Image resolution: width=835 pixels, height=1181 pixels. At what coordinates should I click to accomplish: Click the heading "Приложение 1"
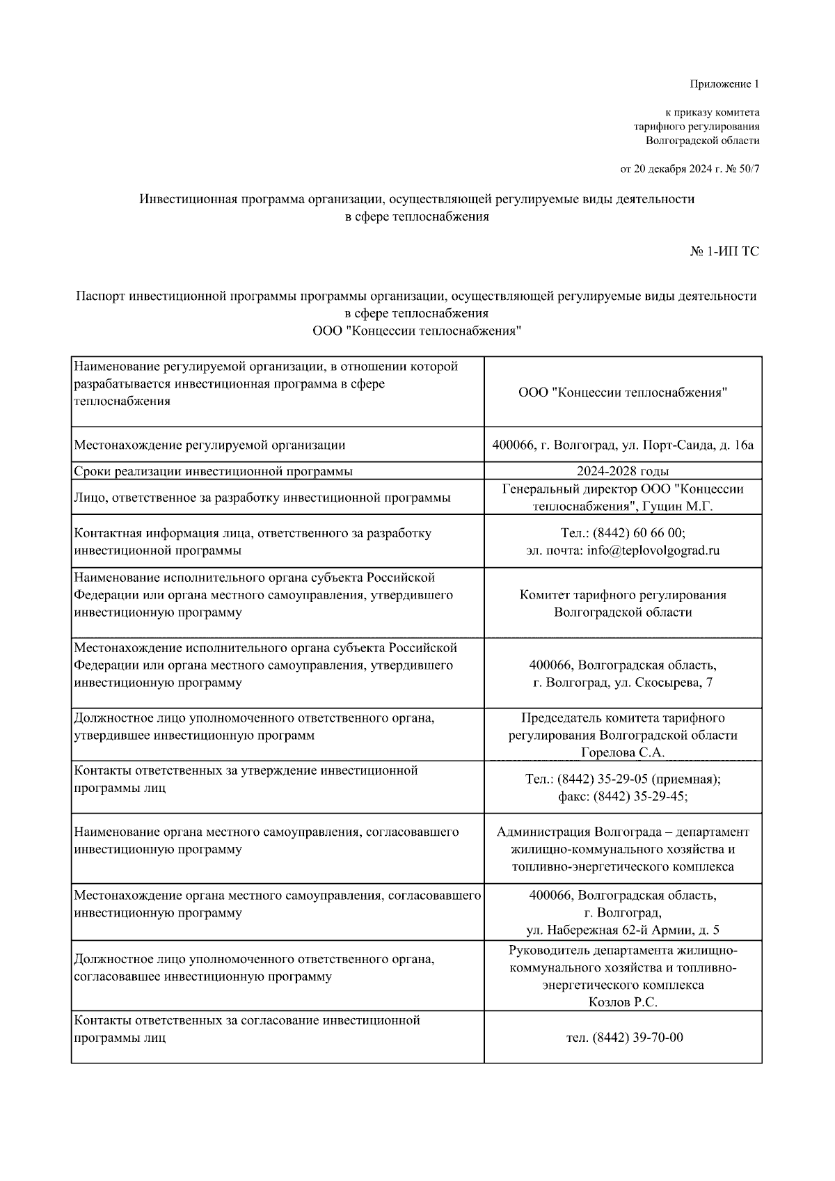(724, 84)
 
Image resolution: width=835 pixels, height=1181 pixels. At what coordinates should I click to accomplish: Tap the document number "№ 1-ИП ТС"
(724, 251)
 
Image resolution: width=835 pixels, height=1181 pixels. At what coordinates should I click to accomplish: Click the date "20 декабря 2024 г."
(669, 168)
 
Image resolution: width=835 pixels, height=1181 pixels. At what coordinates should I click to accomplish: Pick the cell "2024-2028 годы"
(623, 471)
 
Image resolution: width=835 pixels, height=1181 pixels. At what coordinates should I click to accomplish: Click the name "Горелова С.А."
(623, 753)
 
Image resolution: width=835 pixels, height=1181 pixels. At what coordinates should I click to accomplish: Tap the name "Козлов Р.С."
(623, 1003)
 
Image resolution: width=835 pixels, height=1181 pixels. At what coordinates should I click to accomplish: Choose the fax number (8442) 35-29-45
(640, 797)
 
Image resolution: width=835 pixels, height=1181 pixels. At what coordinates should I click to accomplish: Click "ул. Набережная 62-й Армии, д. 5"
(623, 930)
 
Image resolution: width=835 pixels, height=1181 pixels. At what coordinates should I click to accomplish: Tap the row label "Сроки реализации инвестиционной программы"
(213, 471)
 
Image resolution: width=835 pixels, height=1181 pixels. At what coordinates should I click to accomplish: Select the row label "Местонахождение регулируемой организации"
(209, 445)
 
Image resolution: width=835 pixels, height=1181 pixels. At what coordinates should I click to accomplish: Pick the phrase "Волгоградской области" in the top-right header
(702, 141)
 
